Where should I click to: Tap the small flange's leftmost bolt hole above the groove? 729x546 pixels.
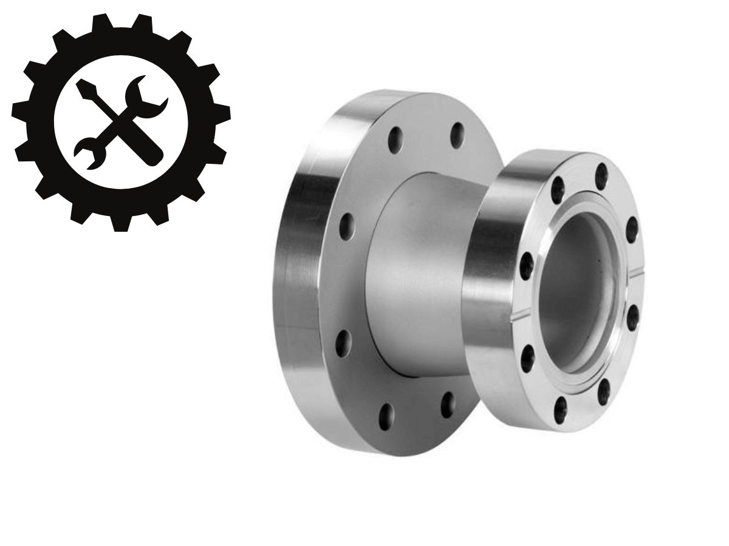[526, 265]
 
